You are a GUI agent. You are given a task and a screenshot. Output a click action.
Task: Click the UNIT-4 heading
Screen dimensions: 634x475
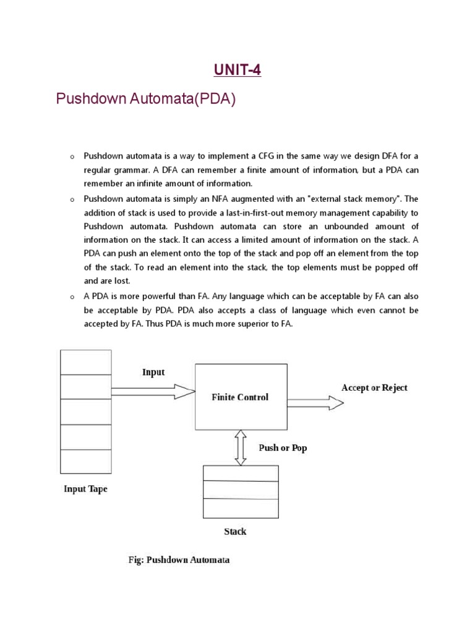[237, 71]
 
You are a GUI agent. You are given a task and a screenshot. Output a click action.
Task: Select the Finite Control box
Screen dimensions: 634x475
[241, 396]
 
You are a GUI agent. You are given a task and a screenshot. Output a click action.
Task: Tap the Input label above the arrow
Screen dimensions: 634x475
[153, 372]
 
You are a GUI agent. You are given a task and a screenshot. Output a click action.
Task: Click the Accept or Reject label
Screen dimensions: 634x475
[374, 388]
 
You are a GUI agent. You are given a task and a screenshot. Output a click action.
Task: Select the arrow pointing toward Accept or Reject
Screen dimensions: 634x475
[315, 403]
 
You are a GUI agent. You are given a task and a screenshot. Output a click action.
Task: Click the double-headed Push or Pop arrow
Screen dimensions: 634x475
[241, 447]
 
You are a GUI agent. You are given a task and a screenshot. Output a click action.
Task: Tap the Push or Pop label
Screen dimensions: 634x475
[282, 448]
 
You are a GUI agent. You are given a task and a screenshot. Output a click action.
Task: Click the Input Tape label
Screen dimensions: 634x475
[85, 489]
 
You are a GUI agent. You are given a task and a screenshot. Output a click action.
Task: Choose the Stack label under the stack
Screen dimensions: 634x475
[234, 531]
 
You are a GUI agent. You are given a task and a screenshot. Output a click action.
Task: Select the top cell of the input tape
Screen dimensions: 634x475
[85, 362]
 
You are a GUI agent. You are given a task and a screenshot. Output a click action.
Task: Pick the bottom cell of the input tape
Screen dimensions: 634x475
[85, 461]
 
